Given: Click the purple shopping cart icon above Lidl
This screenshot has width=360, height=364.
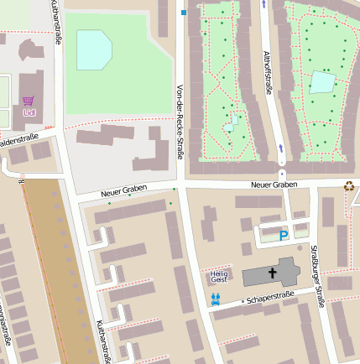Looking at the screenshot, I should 28,101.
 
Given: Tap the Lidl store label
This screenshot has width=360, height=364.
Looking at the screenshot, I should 29,112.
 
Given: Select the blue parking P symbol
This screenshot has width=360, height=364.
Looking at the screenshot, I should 284,237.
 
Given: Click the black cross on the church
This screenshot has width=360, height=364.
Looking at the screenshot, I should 272,273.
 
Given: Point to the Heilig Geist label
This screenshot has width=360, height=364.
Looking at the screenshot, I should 219,278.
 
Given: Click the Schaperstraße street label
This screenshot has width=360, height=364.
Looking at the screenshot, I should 268,298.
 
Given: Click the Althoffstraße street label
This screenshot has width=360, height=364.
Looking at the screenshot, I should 269,70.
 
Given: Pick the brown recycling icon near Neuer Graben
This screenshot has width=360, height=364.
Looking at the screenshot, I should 348,185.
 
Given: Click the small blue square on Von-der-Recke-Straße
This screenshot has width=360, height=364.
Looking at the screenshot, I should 184,13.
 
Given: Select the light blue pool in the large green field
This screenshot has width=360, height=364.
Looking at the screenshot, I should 93,50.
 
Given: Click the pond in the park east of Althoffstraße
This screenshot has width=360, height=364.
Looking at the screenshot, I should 322,82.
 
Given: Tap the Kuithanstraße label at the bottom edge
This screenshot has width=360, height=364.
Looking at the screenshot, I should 102,342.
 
